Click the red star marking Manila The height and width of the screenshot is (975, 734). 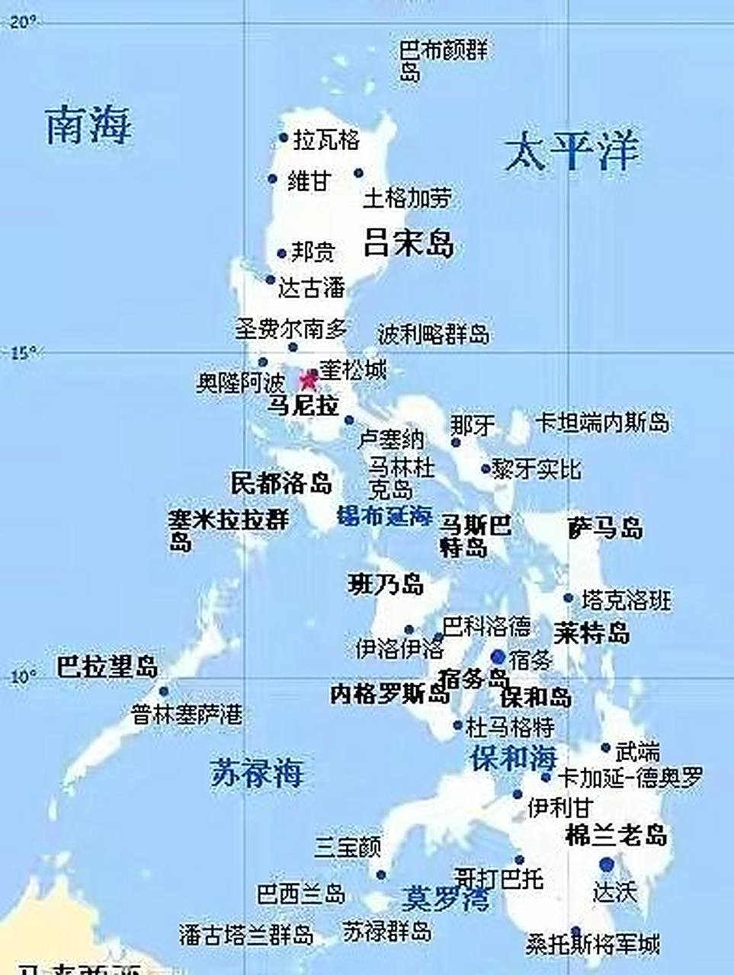point(309,379)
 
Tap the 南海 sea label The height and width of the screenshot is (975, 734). point(88,125)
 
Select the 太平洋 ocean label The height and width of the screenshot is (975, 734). point(571,151)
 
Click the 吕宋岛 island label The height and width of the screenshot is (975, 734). point(409,243)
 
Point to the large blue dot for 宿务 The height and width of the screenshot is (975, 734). point(498,657)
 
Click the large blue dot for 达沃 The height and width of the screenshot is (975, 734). point(606,864)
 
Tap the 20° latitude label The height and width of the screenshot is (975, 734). point(23,23)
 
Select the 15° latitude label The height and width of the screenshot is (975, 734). point(23,353)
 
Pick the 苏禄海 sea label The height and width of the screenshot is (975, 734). point(257,773)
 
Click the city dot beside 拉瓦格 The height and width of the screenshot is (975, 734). point(284,139)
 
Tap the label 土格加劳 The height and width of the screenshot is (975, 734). point(406,199)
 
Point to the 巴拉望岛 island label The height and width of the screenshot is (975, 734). point(107,667)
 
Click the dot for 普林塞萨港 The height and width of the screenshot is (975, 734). point(163,692)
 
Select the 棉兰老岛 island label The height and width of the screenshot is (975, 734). point(616,836)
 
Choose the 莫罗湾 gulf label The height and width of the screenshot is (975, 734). point(446,899)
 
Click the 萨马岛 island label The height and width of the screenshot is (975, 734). point(605,528)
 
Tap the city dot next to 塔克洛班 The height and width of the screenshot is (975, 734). point(569,599)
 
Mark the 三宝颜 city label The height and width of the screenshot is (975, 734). point(348,847)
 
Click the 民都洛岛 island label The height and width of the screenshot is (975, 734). point(281,483)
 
